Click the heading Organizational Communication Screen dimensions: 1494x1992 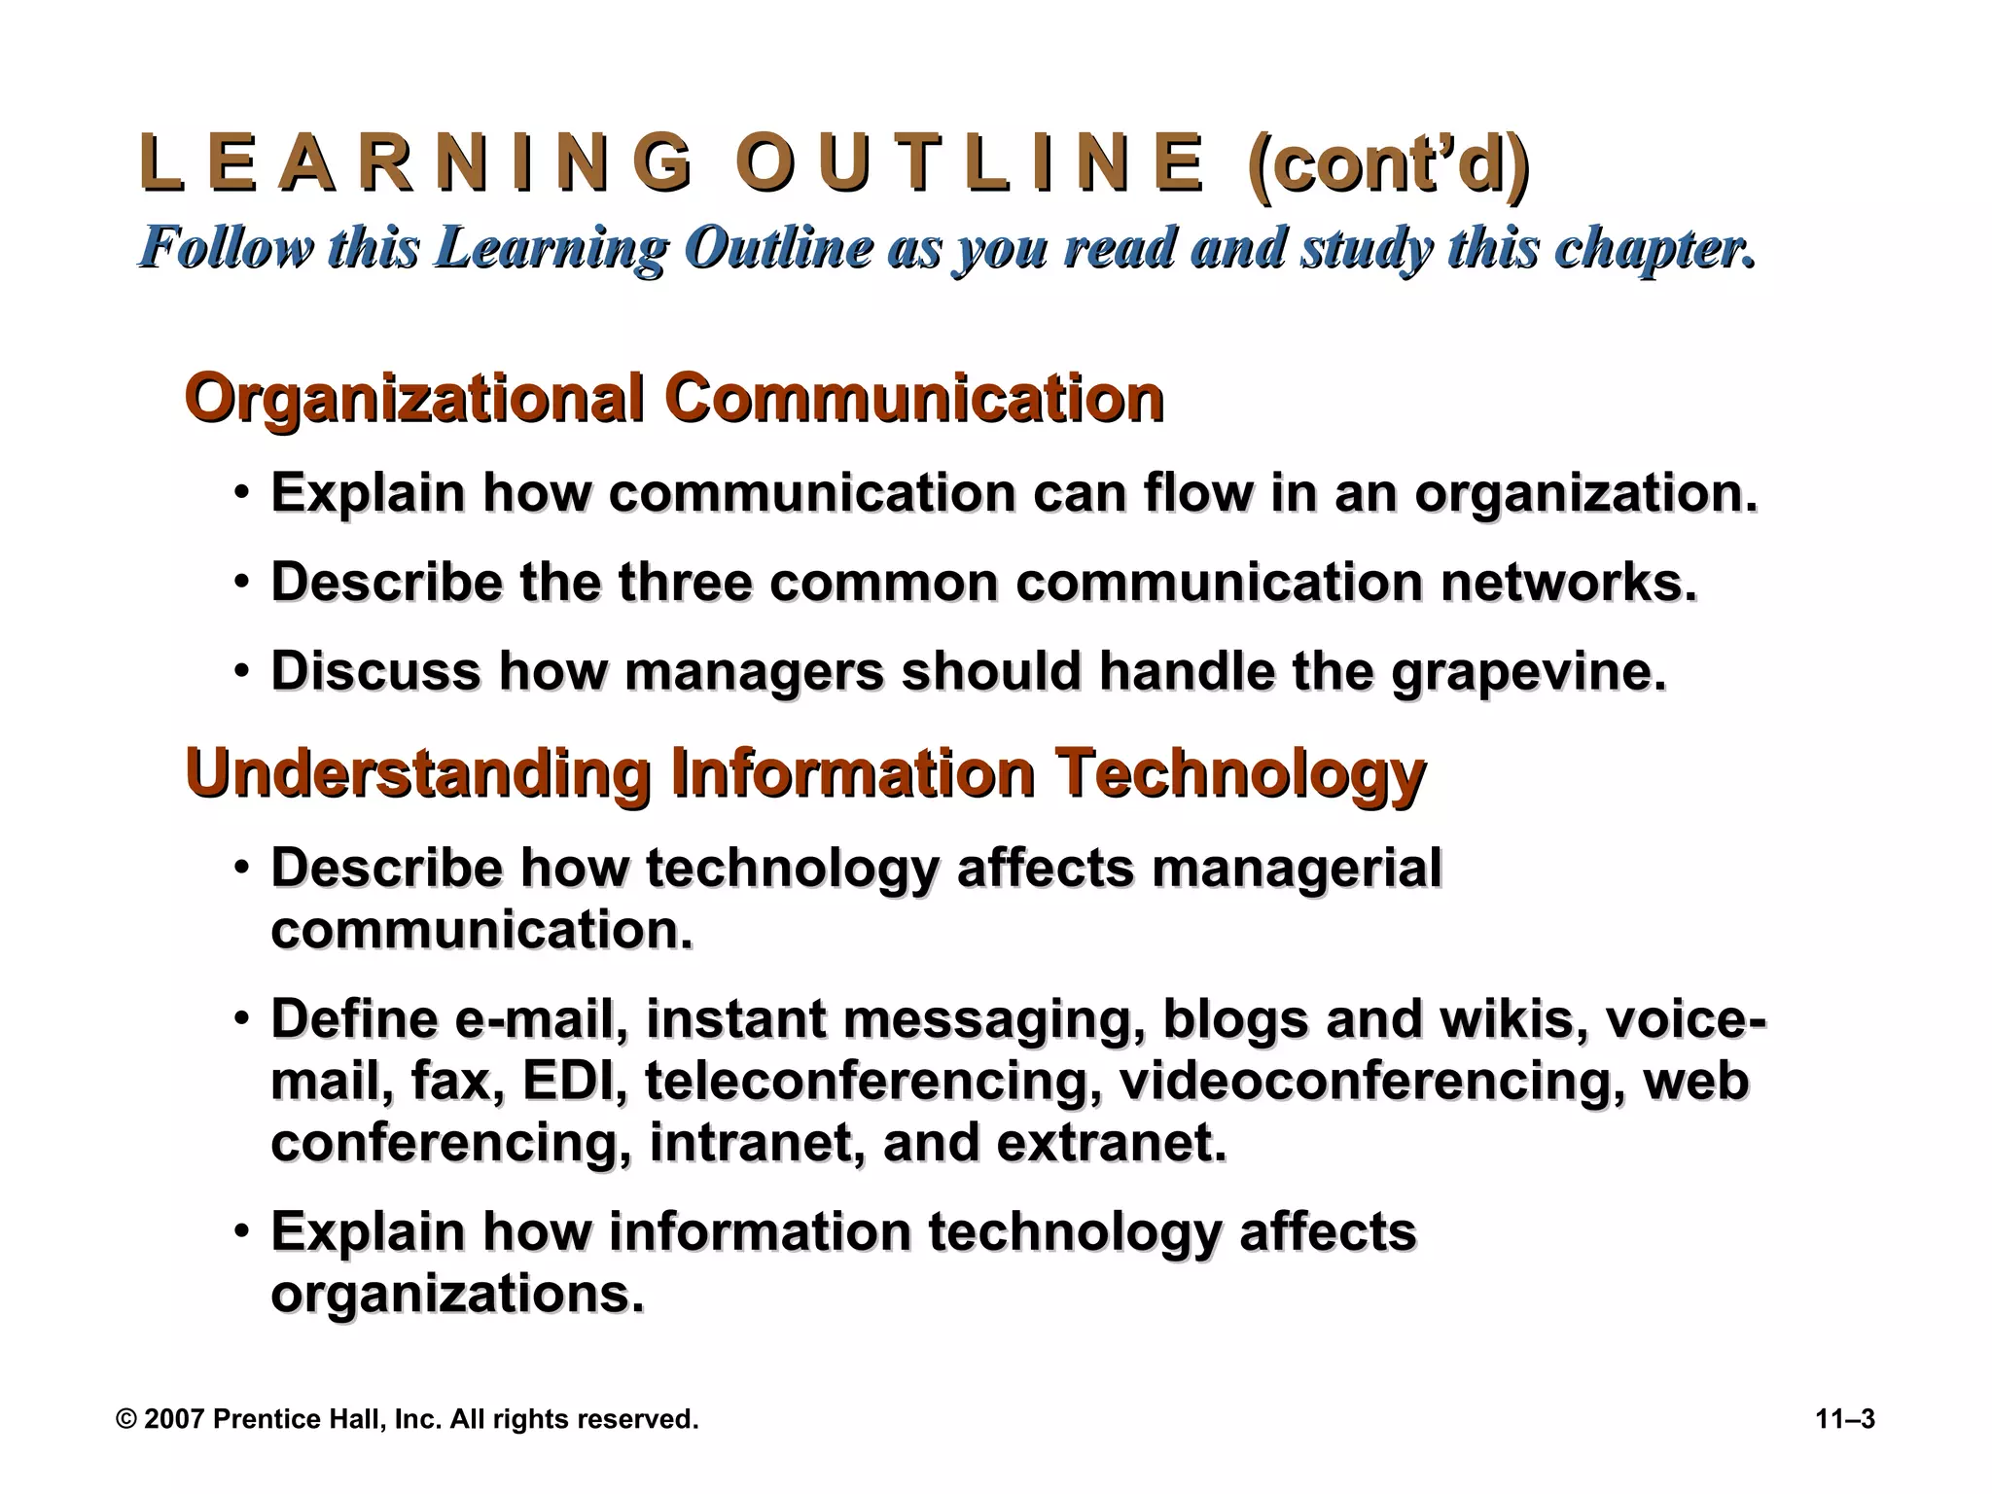(x=673, y=399)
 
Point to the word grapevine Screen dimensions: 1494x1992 (x=1528, y=672)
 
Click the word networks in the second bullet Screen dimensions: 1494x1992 (x=1568, y=583)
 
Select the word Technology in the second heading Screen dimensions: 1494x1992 (x=1241, y=773)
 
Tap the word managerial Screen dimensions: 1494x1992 (x=1296, y=868)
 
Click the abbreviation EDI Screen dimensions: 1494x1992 (x=574, y=1082)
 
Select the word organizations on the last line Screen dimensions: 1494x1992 (x=456, y=1295)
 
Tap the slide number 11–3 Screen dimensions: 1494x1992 (x=1845, y=1419)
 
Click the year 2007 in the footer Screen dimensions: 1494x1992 (x=174, y=1419)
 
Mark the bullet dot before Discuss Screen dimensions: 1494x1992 (x=241, y=670)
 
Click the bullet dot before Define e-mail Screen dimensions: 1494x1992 (x=241, y=1018)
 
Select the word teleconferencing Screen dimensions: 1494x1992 (x=872, y=1082)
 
